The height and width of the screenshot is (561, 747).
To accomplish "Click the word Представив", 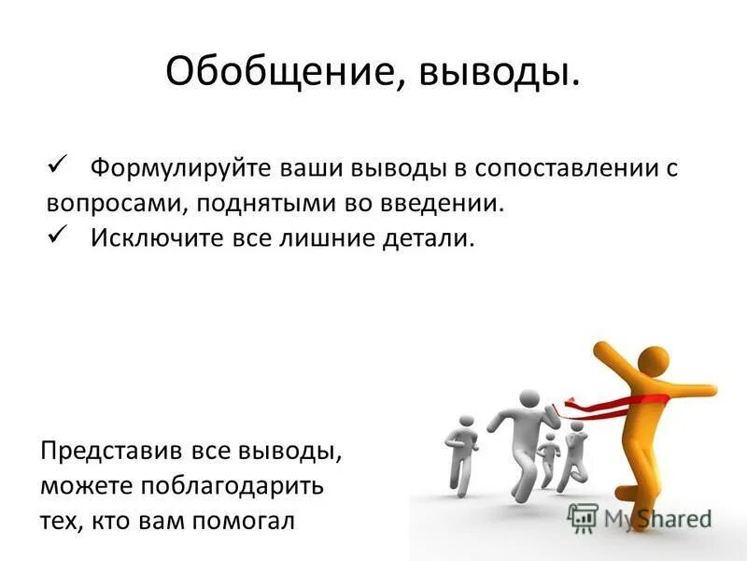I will tap(107, 453).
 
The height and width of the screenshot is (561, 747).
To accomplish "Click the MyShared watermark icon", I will tap(583, 517).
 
